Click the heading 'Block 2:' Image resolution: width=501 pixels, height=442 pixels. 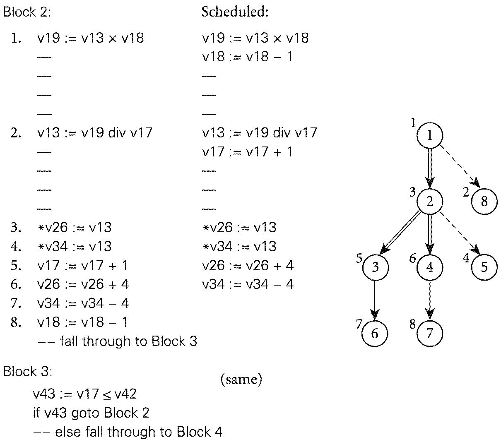point(27,12)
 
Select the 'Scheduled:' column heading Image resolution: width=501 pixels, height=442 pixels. point(235,12)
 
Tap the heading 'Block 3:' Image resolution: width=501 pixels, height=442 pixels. point(27,371)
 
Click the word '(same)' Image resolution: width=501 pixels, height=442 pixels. point(241,379)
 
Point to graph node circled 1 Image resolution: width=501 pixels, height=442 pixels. point(429,135)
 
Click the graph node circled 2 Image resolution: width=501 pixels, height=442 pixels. point(429,202)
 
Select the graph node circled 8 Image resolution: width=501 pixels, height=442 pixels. point(484,202)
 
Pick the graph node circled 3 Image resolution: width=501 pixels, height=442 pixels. point(375,267)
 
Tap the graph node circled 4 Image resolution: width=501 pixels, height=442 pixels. point(429,267)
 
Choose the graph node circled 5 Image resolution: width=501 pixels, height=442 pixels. point(484,267)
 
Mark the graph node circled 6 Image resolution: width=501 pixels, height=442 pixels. point(375,333)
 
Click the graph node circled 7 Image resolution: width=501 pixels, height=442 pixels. point(429,333)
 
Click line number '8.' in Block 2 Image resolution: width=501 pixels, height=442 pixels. point(16,322)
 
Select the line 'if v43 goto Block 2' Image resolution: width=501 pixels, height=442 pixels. point(91,413)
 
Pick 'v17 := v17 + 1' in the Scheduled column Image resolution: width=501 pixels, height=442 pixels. point(247,152)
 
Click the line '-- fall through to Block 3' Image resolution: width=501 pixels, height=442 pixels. point(117,341)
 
